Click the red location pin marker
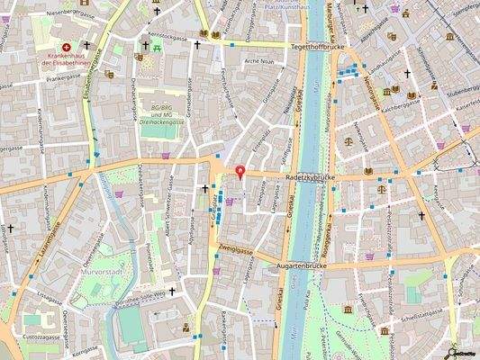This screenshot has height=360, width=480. (240, 173)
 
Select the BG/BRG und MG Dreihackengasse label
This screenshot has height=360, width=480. (160, 116)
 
